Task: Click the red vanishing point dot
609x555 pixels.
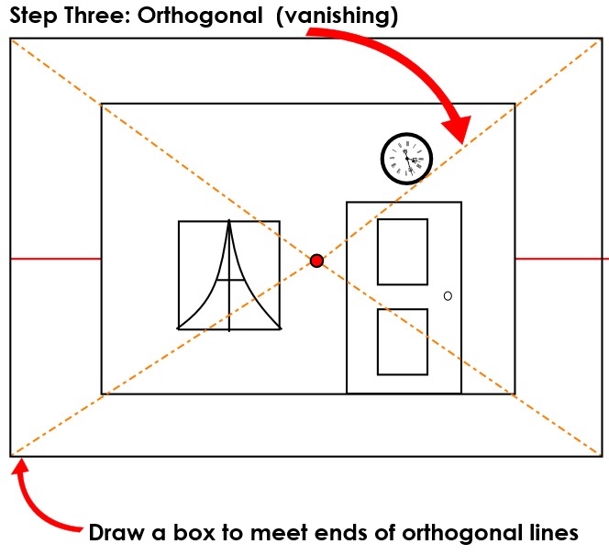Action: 316,261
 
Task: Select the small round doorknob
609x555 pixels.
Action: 448,295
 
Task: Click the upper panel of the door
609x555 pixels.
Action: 403,252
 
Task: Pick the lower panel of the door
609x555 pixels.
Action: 403,341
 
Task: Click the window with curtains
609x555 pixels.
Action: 229,274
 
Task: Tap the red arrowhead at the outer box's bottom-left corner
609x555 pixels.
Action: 20,471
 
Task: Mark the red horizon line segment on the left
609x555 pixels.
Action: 55,259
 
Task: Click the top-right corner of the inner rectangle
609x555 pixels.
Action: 515,104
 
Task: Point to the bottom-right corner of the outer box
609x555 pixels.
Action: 602,455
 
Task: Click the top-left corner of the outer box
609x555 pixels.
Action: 11,39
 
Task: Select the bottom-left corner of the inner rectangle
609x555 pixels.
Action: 102,394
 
